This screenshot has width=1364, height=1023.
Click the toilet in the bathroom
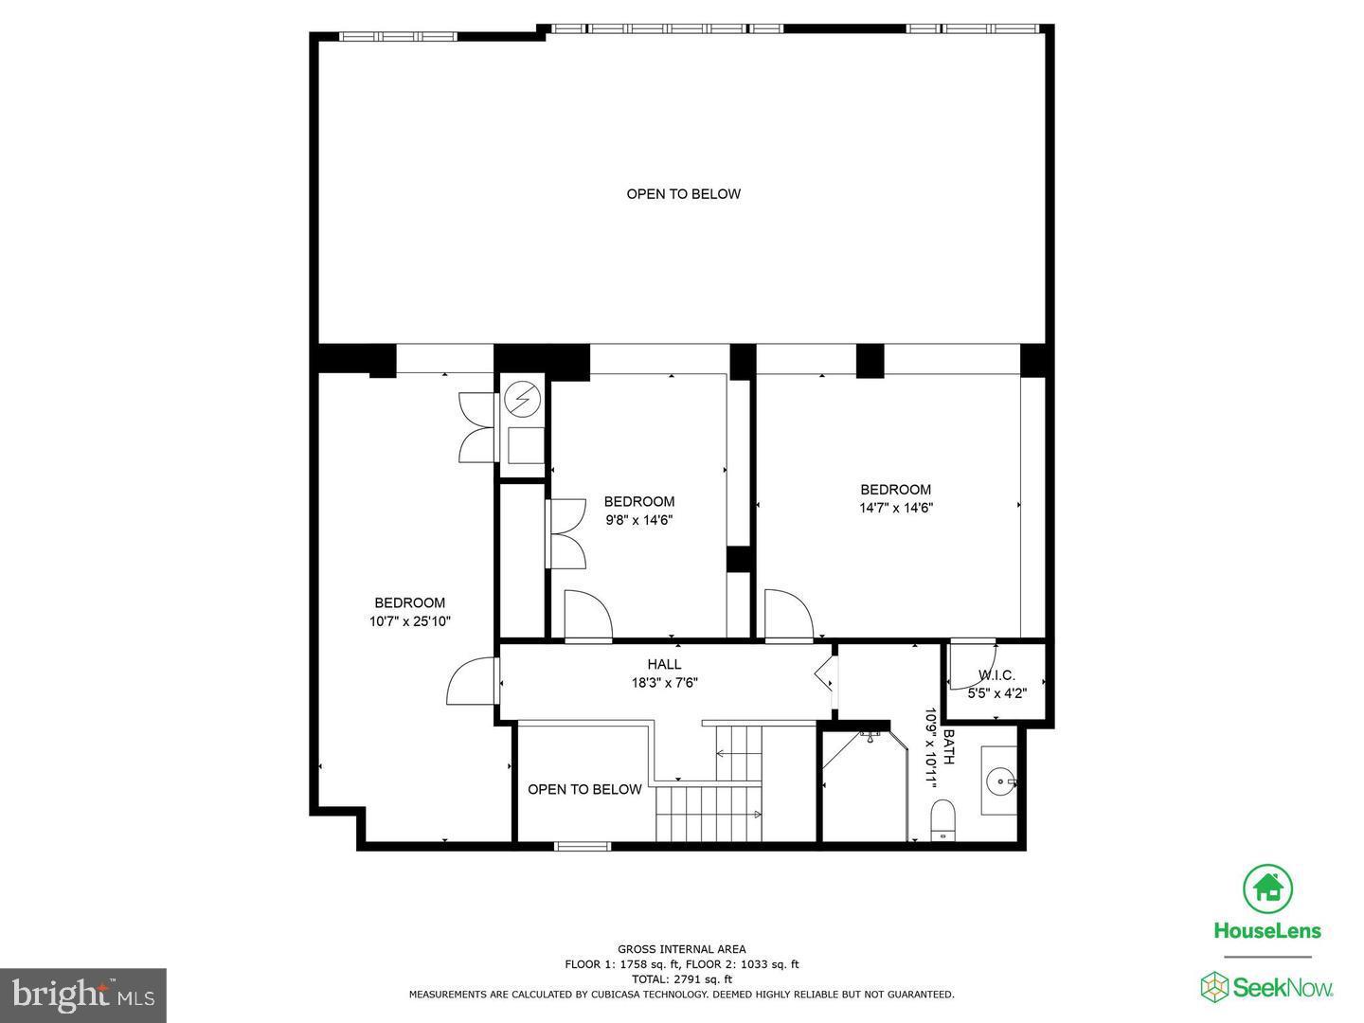(x=943, y=819)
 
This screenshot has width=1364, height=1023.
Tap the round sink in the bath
(x=1001, y=782)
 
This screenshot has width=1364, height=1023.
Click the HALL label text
(x=664, y=664)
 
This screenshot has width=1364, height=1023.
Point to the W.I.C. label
(x=996, y=675)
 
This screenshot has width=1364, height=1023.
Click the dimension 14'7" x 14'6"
(x=895, y=508)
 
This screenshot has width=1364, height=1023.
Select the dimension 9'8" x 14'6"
(x=639, y=520)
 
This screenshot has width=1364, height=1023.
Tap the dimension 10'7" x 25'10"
(x=409, y=621)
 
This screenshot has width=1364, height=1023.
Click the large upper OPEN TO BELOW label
(x=683, y=194)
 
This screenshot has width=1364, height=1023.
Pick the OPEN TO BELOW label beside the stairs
(x=584, y=789)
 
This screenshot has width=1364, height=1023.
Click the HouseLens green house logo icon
(x=1267, y=888)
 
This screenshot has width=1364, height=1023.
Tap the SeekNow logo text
(x=1283, y=987)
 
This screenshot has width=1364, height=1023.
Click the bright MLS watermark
(x=82, y=995)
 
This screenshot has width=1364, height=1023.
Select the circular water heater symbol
(x=520, y=401)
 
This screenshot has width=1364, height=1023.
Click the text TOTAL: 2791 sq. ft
(x=681, y=979)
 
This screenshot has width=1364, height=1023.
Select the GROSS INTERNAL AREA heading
(x=681, y=949)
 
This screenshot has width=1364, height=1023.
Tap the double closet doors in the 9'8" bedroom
(x=565, y=534)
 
